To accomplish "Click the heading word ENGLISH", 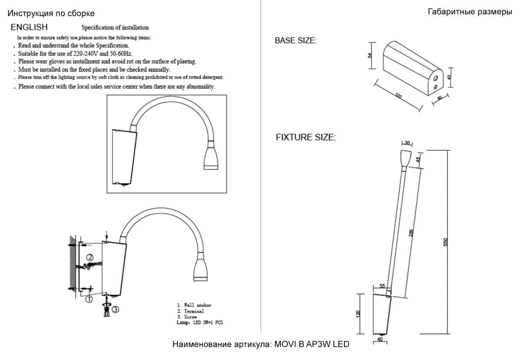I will coord(29,27).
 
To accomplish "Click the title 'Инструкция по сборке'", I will coord(51,14).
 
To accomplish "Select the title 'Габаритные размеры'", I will coord(470,12).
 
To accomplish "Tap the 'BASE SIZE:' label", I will coord(296,40).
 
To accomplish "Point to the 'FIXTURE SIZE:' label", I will coord(306,138).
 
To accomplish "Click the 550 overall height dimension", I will coord(445,242).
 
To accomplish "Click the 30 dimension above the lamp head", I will coord(407,143).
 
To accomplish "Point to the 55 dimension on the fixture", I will coord(382,286).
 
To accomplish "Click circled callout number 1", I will coord(89,299).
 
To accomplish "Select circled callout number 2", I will coord(89,257).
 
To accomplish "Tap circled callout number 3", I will coord(115,309).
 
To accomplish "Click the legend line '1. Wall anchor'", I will coord(194,305).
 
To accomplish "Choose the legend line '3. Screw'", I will coord(187,317).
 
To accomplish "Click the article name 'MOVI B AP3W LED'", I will coord(311,344).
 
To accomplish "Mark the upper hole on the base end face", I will coord(435,78).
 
